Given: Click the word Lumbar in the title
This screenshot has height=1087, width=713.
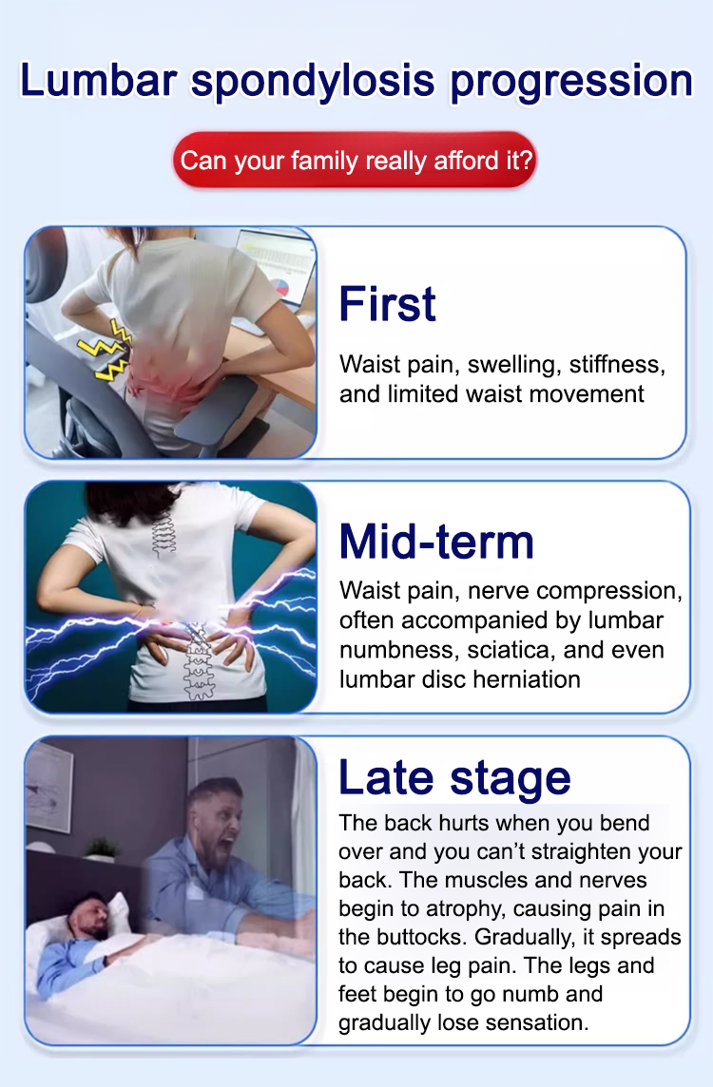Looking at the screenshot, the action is [x=99, y=80].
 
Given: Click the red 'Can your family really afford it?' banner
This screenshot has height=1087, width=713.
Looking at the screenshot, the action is [x=356, y=161].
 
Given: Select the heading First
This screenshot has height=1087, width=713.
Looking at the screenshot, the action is [x=388, y=304].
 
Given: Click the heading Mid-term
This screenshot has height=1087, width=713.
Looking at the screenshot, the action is [x=437, y=542].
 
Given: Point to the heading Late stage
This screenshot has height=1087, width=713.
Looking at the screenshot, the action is [x=454, y=778].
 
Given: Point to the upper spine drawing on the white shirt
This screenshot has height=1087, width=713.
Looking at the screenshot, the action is [x=164, y=535].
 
